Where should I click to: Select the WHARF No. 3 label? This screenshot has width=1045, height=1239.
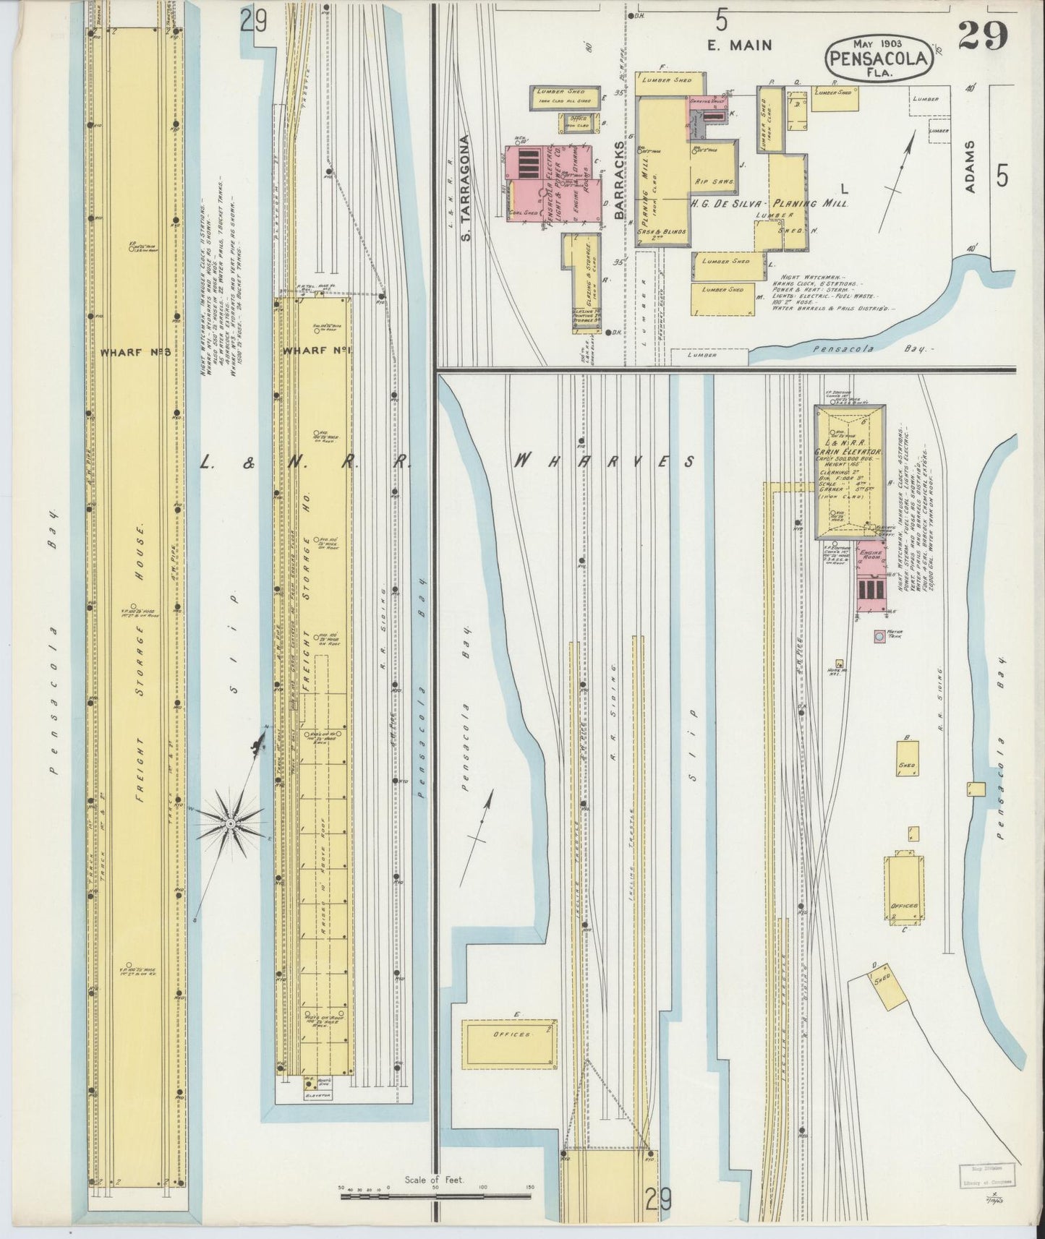pos(135,352)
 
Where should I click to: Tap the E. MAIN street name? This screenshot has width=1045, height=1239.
pos(739,45)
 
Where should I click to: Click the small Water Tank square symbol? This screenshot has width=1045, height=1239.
pos(879,637)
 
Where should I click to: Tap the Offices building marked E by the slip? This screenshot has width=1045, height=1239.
pos(511,1034)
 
